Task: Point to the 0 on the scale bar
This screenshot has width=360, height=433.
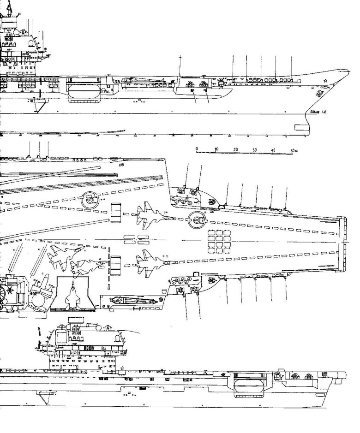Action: (197, 149)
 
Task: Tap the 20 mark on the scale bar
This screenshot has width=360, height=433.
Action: (236, 150)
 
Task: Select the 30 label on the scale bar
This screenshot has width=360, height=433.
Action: (255, 150)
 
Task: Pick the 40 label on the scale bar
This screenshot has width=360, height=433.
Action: (274, 150)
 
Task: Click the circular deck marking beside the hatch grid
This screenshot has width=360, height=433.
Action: (197, 220)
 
